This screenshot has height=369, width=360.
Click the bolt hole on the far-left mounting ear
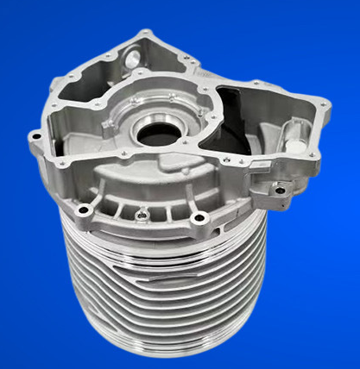(x=35, y=134)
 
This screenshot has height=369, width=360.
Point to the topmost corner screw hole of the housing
(x=145, y=34)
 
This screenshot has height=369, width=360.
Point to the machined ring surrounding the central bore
(x=158, y=121)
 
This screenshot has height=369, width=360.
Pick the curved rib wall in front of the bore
(x=147, y=172)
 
